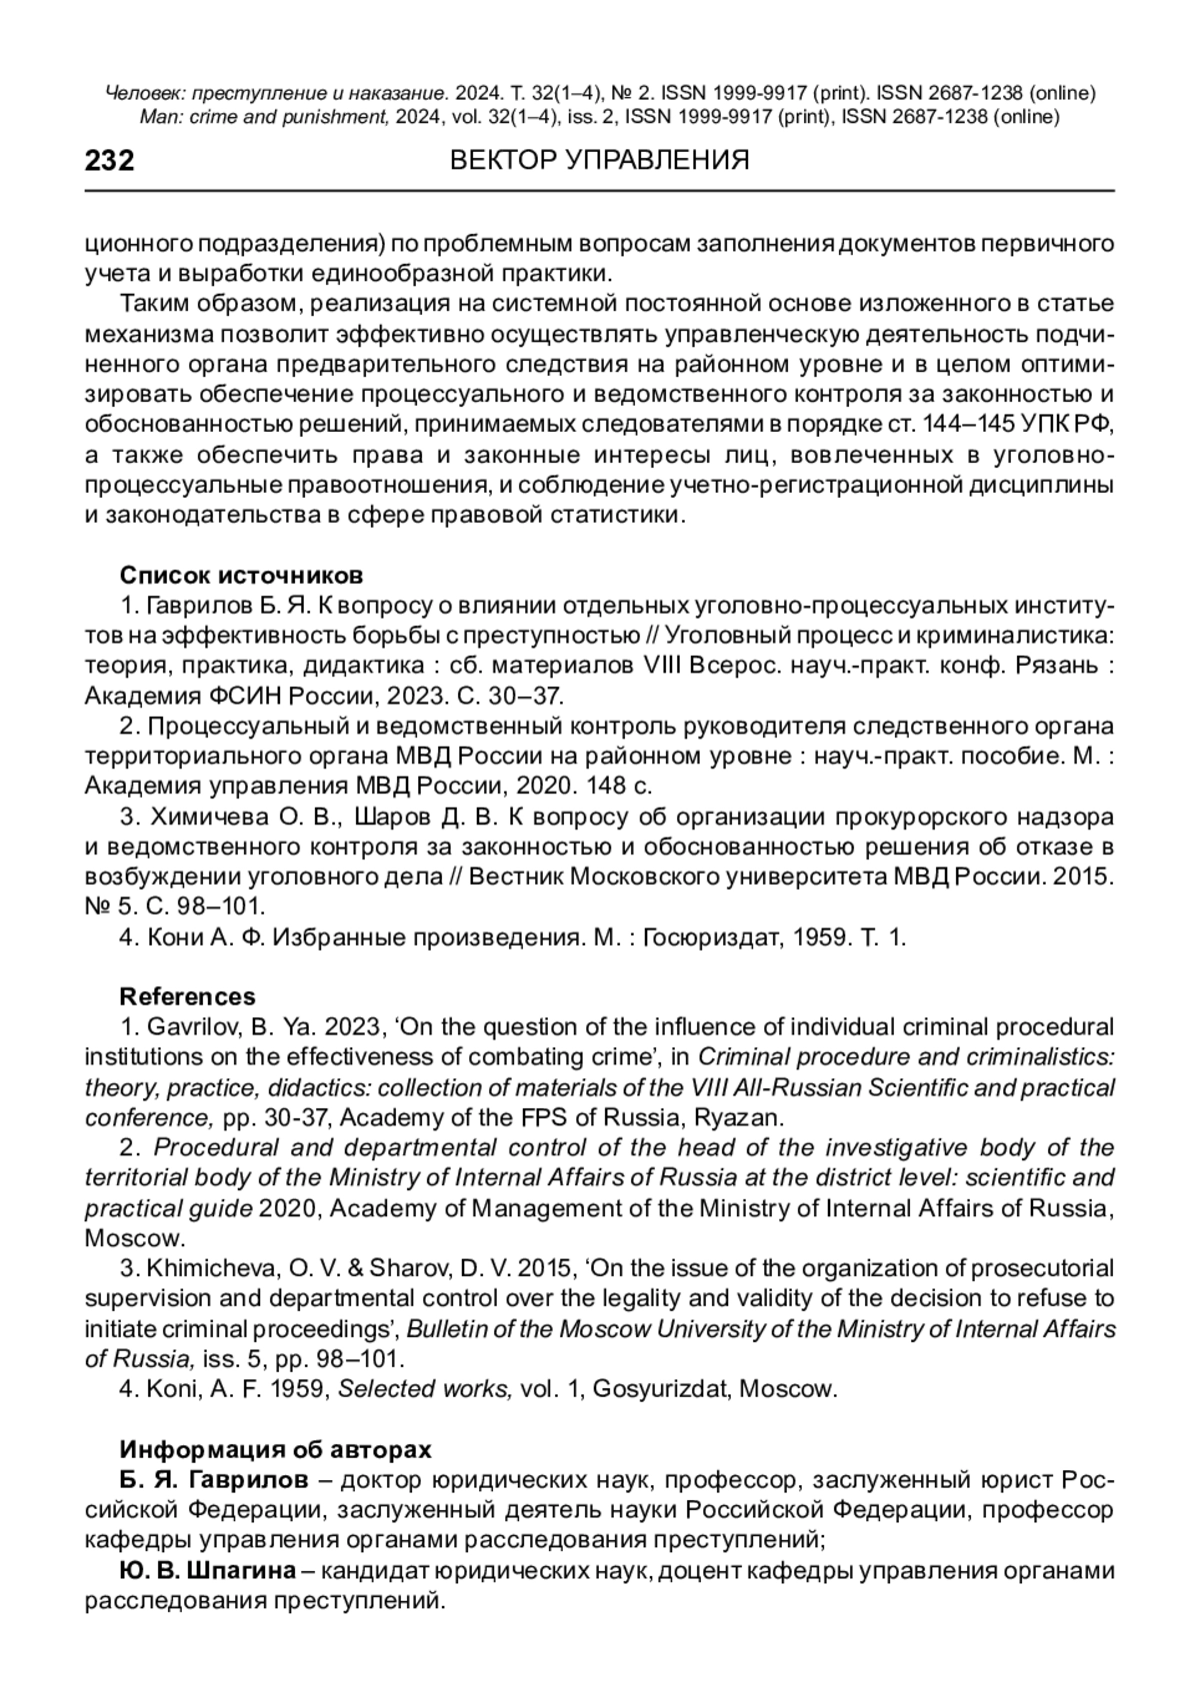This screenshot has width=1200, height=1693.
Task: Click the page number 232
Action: coord(110,161)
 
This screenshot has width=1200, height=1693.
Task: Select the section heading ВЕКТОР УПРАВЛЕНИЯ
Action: coord(600,161)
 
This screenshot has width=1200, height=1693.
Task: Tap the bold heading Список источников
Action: coord(241,576)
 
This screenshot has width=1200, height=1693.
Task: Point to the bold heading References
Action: coord(187,996)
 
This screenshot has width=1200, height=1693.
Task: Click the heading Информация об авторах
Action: coord(276,1449)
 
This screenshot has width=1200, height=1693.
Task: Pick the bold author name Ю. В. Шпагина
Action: coord(207,1570)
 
